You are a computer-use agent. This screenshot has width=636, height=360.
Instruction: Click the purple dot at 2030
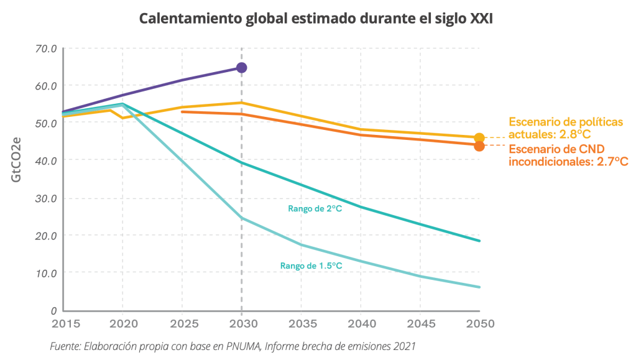tap(241, 68)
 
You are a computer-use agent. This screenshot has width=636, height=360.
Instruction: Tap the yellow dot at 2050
tap(479, 138)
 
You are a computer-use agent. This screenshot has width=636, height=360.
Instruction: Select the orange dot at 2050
tap(479, 146)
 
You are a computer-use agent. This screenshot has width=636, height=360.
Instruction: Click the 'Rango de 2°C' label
tap(315, 209)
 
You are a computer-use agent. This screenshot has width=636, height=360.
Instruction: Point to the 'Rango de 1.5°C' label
tap(311, 265)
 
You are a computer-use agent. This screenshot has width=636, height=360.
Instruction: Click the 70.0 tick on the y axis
tap(47, 48)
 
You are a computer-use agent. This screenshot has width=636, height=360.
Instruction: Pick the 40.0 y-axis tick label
tap(47, 160)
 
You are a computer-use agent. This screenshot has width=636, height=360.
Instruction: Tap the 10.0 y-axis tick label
tap(47, 273)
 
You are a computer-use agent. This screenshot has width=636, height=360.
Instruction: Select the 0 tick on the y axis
tap(54, 310)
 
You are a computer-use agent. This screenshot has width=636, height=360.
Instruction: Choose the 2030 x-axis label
tap(241, 324)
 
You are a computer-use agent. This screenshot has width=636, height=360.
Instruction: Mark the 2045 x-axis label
tap(420, 324)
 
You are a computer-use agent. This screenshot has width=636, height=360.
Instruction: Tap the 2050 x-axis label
tap(479, 324)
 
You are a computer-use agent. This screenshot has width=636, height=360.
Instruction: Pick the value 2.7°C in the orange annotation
tap(611, 162)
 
